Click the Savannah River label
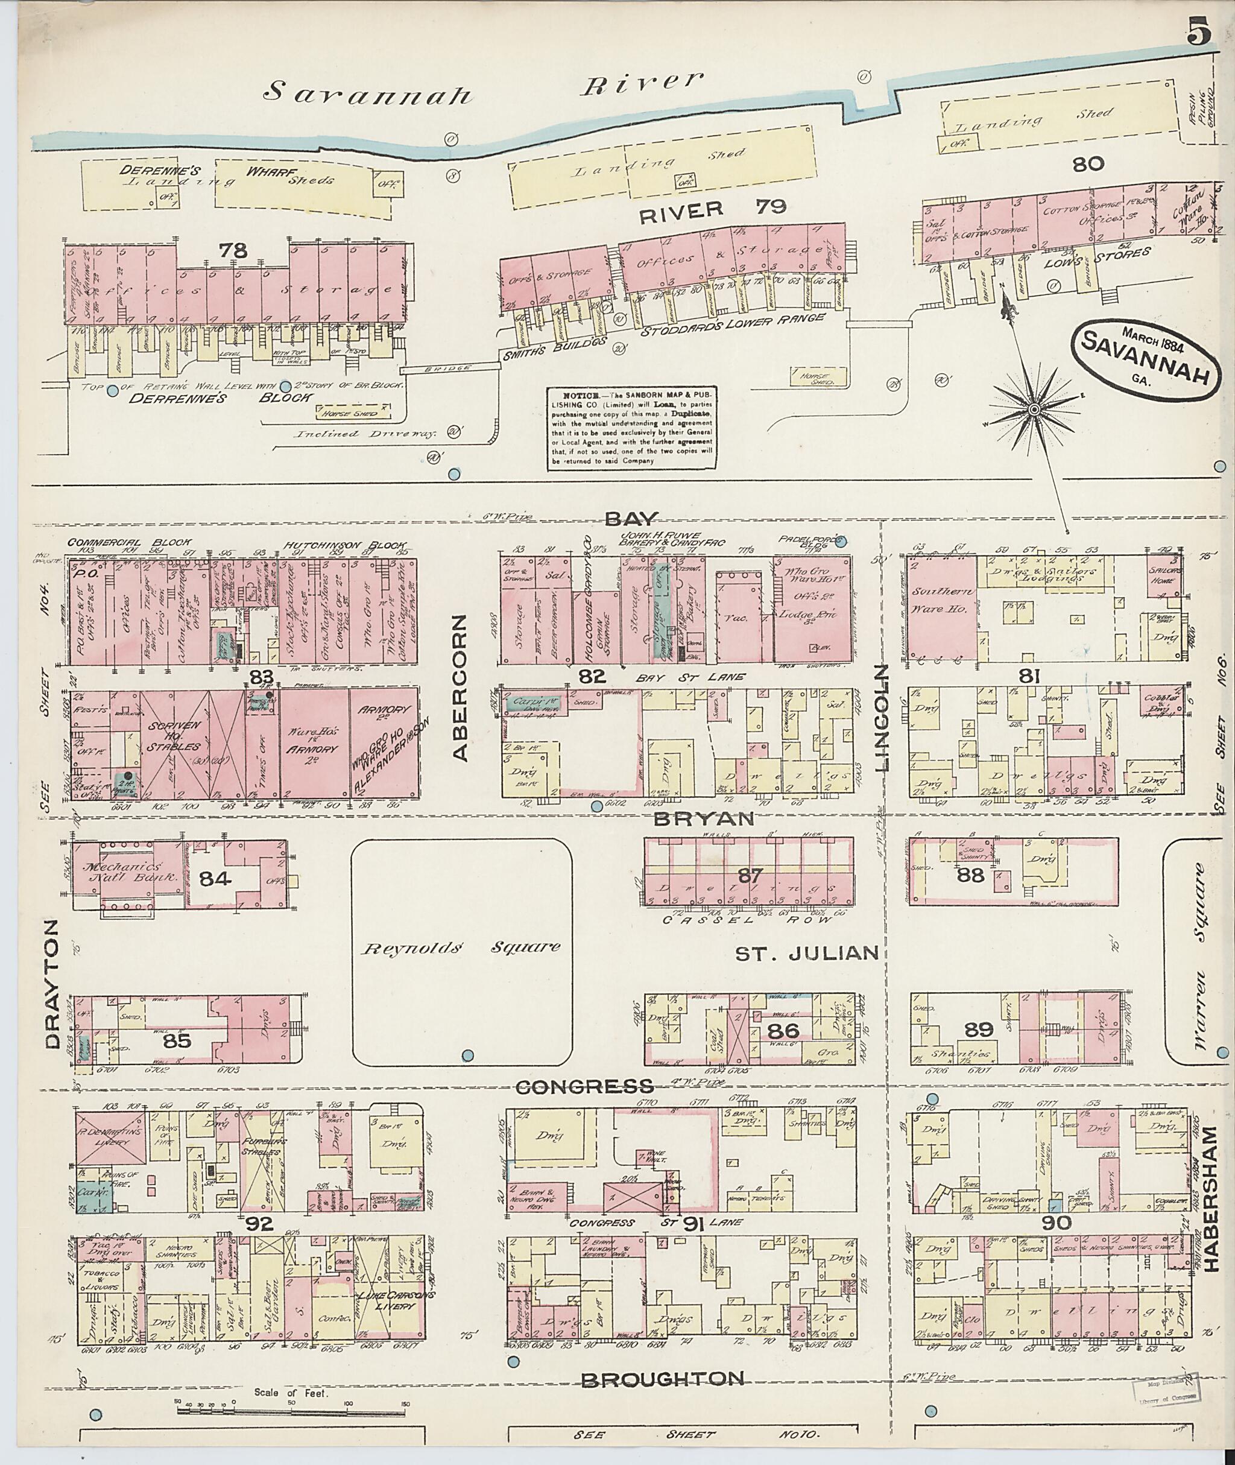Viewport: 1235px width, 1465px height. (x=483, y=90)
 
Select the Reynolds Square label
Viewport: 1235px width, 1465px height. (x=461, y=948)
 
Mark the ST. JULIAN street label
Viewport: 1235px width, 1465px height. (x=806, y=952)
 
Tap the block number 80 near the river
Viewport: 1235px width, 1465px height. (x=1087, y=165)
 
